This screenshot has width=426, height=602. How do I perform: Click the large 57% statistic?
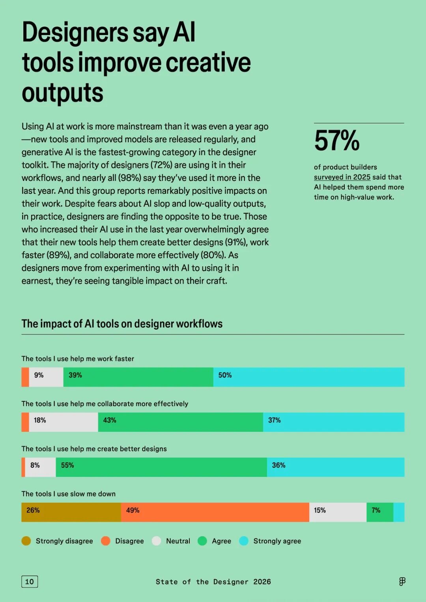(337, 141)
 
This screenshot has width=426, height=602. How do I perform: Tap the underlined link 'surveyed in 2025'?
(342, 177)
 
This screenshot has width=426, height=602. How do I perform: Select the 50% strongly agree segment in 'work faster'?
(308, 377)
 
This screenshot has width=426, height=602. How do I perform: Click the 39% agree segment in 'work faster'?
(138, 377)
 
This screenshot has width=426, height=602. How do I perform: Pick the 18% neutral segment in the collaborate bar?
(63, 422)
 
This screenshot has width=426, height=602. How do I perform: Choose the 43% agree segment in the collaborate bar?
(180, 422)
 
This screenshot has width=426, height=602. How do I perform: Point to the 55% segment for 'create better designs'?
(161, 467)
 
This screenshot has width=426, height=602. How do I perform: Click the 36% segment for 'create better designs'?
(335, 467)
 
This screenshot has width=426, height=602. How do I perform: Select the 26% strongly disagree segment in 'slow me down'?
(71, 512)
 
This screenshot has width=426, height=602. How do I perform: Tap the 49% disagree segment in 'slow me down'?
(215, 512)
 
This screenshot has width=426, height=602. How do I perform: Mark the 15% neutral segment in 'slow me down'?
(338, 512)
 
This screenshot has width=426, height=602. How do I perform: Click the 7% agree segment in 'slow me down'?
(380, 512)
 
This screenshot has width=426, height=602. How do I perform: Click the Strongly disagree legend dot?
(26, 541)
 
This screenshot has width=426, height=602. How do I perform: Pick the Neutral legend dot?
(157, 541)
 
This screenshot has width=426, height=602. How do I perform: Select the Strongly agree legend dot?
(244, 541)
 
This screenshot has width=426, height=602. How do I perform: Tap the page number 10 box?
(30, 582)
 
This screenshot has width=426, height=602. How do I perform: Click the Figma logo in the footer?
(402, 582)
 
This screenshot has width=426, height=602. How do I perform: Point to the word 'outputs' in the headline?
(62, 93)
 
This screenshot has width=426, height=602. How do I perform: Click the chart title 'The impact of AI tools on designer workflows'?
(122, 324)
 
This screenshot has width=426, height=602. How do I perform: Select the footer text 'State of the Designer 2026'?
(213, 582)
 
